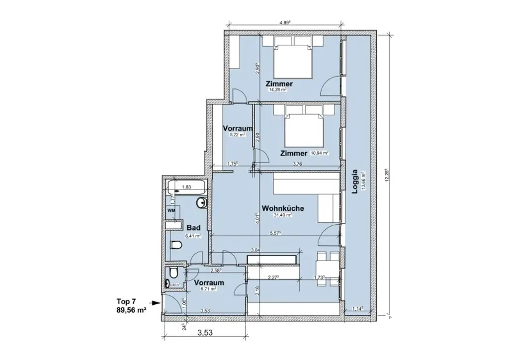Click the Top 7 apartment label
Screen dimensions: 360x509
(126, 301)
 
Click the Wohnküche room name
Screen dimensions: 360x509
(283, 209)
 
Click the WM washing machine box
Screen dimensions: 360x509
(171, 211)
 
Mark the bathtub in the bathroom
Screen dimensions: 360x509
(187, 187)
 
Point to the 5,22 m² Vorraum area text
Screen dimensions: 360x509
(232, 135)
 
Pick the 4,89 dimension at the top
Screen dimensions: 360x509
(285, 22)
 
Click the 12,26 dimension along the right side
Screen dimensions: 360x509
(387, 177)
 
